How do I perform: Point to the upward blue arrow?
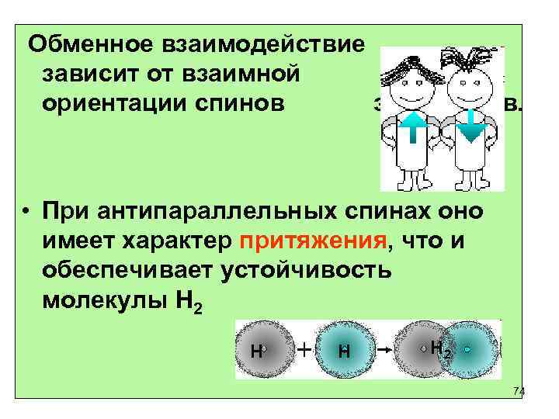coord(413,127)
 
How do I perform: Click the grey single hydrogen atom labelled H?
coord(261,350)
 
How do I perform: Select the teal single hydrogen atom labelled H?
coord(342,350)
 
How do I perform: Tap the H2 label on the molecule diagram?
coord(440,349)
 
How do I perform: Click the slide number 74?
coord(519,392)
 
